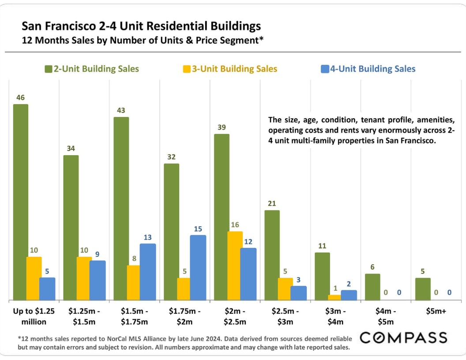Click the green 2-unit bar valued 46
tap(21, 202)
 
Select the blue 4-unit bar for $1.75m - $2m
tap(198, 267)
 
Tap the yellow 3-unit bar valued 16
tap(235, 266)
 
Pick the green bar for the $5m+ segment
tap(423, 289)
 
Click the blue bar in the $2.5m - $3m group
tap(298, 293)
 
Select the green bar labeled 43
tap(121, 208)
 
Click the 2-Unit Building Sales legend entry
tap(92, 69)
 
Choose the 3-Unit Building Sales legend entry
tap(230, 69)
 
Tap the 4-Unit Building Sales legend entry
tap(368, 69)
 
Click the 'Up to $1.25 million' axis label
tap(34, 316)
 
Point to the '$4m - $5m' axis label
tap(385, 316)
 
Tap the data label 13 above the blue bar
tap(147, 237)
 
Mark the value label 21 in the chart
tap(272, 203)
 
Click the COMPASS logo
tap(403, 338)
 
